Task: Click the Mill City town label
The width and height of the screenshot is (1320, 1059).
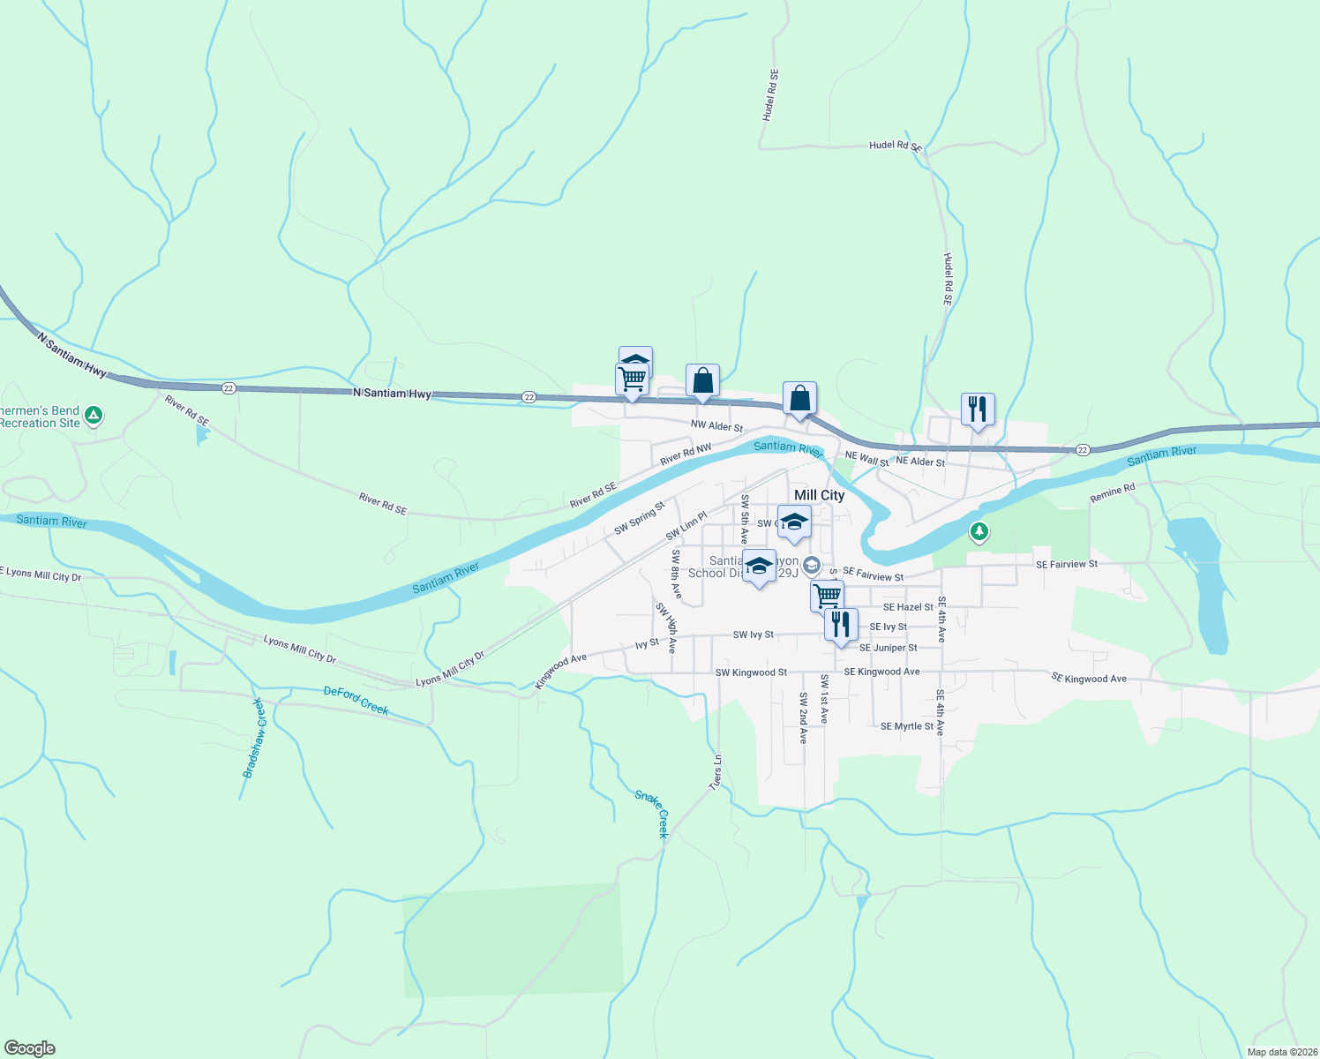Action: pyautogui.click(x=819, y=495)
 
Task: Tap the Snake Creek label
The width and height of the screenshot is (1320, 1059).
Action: pyautogui.click(x=653, y=813)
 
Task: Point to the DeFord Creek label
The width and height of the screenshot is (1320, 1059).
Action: pyautogui.click(x=356, y=700)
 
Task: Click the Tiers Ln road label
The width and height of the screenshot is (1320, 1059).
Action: pyautogui.click(x=716, y=772)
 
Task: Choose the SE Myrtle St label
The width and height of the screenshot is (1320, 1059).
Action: pyautogui.click(x=906, y=726)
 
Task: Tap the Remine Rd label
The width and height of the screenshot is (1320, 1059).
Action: pyautogui.click(x=1112, y=493)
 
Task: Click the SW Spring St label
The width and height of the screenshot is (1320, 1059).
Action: pyautogui.click(x=639, y=518)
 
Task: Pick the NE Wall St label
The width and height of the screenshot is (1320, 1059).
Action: pyautogui.click(x=866, y=459)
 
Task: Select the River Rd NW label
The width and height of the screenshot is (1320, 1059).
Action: pyautogui.click(x=686, y=454)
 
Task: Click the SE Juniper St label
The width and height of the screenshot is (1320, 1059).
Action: pyautogui.click(x=888, y=648)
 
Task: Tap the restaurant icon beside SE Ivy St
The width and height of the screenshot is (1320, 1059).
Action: pyautogui.click(x=841, y=624)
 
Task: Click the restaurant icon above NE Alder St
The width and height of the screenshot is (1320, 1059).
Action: pyautogui.click(x=978, y=409)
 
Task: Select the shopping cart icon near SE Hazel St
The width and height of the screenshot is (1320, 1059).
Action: pyautogui.click(x=827, y=596)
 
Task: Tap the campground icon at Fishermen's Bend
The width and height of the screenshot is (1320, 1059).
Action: pyautogui.click(x=94, y=415)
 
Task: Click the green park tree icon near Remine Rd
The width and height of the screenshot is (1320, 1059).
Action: pyautogui.click(x=978, y=531)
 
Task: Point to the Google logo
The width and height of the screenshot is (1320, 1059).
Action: pyautogui.click(x=30, y=1048)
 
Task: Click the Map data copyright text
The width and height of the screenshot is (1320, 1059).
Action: pyautogui.click(x=1281, y=1052)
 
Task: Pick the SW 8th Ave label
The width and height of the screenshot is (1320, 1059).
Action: pyautogui.click(x=676, y=574)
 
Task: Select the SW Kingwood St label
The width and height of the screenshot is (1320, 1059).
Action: pyautogui.click(x=751, y=672)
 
